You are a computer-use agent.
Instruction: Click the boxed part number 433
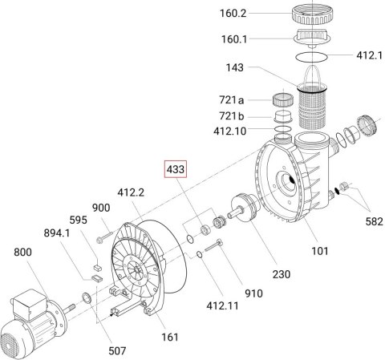[176, 169]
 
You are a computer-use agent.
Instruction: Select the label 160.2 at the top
[233, 13]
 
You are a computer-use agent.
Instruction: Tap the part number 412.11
[222, 305]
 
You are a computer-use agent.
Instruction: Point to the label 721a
[232, 100]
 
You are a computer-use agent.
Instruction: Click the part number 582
[374, 221]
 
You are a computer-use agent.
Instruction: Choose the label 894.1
[57, 233]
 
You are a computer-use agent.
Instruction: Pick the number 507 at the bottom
[117, 350]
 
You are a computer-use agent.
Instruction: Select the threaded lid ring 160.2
[313, 14]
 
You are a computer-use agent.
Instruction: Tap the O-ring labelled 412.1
[311, 57]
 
